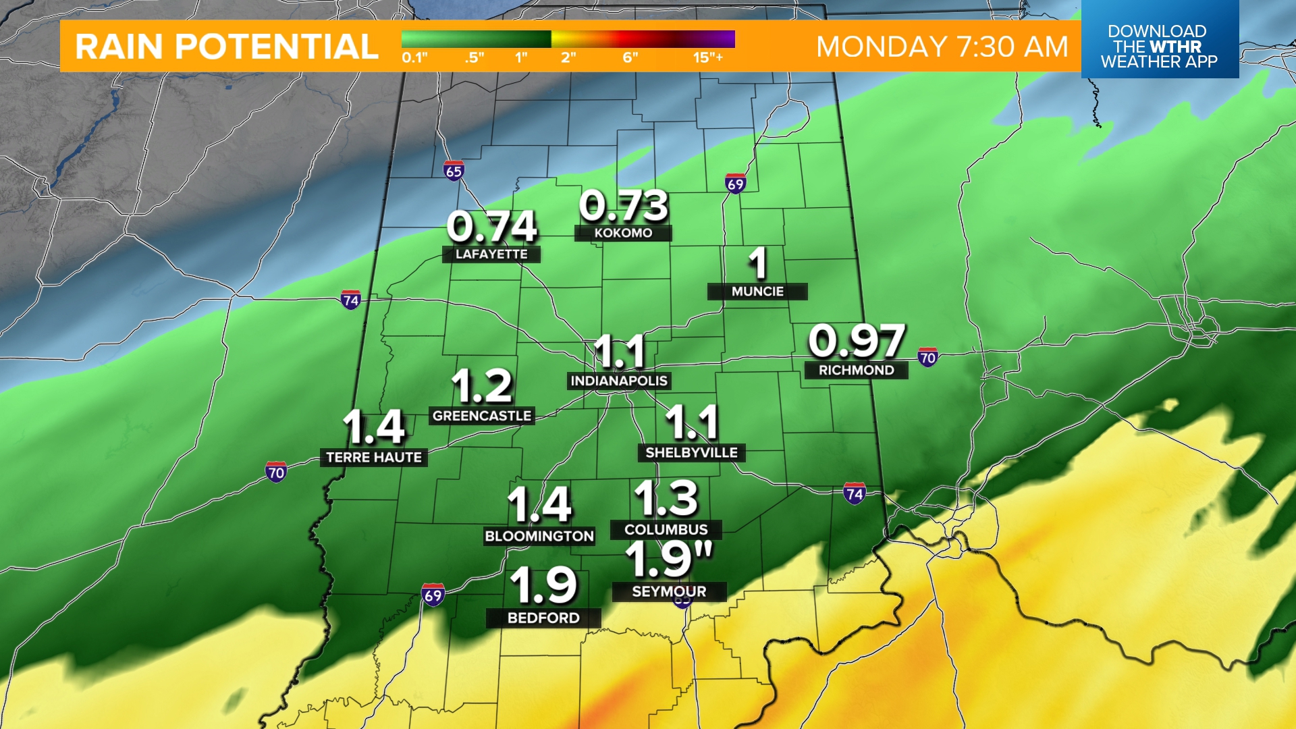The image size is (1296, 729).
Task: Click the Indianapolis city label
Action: (619, 381)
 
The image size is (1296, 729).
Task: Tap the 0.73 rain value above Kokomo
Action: (624, 206)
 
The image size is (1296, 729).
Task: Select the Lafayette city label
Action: (491, 254)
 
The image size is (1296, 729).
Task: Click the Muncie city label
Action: (757, 291)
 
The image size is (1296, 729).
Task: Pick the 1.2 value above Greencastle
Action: (482, 386)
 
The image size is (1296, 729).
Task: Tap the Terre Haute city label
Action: (374, 457)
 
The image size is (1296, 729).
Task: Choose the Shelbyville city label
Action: (691, 452)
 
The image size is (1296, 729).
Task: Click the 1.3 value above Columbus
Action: (666, 499)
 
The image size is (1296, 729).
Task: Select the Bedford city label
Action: (543, 618)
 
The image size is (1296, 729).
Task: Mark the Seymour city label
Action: (669, 591)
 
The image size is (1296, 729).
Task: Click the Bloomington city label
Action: (539, 536)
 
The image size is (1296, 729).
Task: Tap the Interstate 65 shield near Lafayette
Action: (454, 171)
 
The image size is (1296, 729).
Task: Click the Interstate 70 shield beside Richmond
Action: (927, 357)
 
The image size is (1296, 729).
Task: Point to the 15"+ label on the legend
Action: (707, 57)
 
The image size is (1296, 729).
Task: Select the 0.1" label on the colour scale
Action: (414, 57)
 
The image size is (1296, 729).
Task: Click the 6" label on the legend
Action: (630, 57)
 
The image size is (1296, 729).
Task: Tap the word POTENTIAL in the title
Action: (277, 47)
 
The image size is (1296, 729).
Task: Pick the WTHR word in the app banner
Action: (1176, 47)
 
